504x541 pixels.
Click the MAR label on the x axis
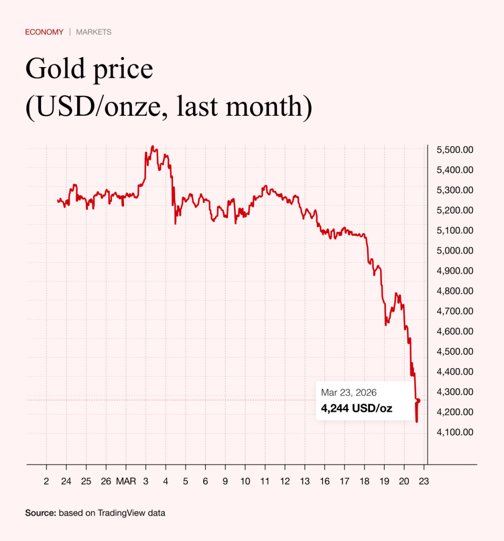click(126, 481)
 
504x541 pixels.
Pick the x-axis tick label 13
click(305, 481)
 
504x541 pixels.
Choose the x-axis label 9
click(225, 481)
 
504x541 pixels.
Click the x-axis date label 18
click(364, 481)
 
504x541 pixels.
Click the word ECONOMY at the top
click(44, 32)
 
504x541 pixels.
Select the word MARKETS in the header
click(93, 32)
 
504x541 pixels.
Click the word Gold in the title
click(52, 70)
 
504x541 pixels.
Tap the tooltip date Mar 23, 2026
click(349, 393)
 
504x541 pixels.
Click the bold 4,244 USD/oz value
click(356, 408)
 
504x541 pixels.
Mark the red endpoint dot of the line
click(419, 400)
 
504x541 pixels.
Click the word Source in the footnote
click(40, 512)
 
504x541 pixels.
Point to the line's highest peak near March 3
click(153, 146)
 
